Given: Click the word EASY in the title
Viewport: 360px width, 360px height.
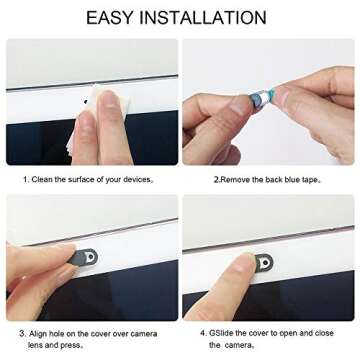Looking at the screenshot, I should point(114,17).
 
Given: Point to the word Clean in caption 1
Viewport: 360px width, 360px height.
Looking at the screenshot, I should point(50,179).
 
